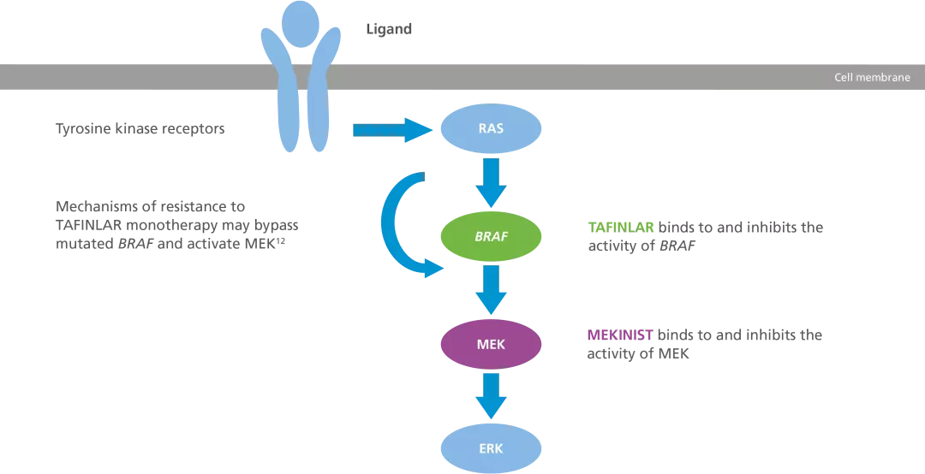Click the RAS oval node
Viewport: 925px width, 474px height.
(491, 130)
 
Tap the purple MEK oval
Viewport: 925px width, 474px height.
(491, 345)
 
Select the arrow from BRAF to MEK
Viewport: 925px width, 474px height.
(491, 289)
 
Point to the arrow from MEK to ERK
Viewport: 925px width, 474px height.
(491, 396)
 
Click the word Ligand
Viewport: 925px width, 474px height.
(388, 29)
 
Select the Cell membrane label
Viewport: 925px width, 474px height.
(872, 78)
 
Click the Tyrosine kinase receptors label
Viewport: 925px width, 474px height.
(140, 130)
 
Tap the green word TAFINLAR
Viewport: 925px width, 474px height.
(620, 228)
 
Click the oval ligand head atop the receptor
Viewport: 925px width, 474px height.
(300, 23)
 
